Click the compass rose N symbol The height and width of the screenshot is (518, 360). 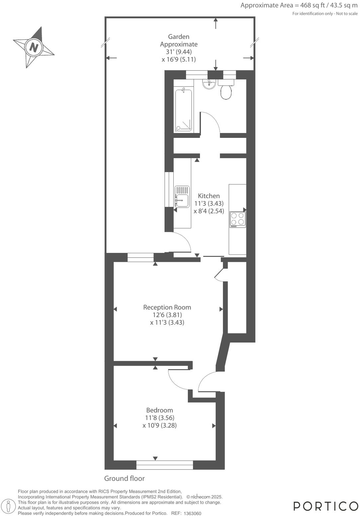pos(34,47)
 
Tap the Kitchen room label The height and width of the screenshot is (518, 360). pos(209,196)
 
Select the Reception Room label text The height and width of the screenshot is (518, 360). pos(167,307)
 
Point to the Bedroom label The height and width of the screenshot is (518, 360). pos(159,410)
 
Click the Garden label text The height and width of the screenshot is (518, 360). pos(178,37)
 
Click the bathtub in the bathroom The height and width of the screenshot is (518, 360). pos(183,109)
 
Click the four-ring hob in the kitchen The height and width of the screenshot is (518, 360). pos(237,219)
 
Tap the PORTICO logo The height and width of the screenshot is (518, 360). pos(325,506)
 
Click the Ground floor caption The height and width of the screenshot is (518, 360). pos(124,478)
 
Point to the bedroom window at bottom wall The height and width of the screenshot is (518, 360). pos(165,465)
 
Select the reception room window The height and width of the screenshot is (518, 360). pos(140,258)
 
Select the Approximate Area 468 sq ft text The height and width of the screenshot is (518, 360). pos(299,5)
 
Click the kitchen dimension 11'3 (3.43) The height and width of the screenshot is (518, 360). pos(209,203)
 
